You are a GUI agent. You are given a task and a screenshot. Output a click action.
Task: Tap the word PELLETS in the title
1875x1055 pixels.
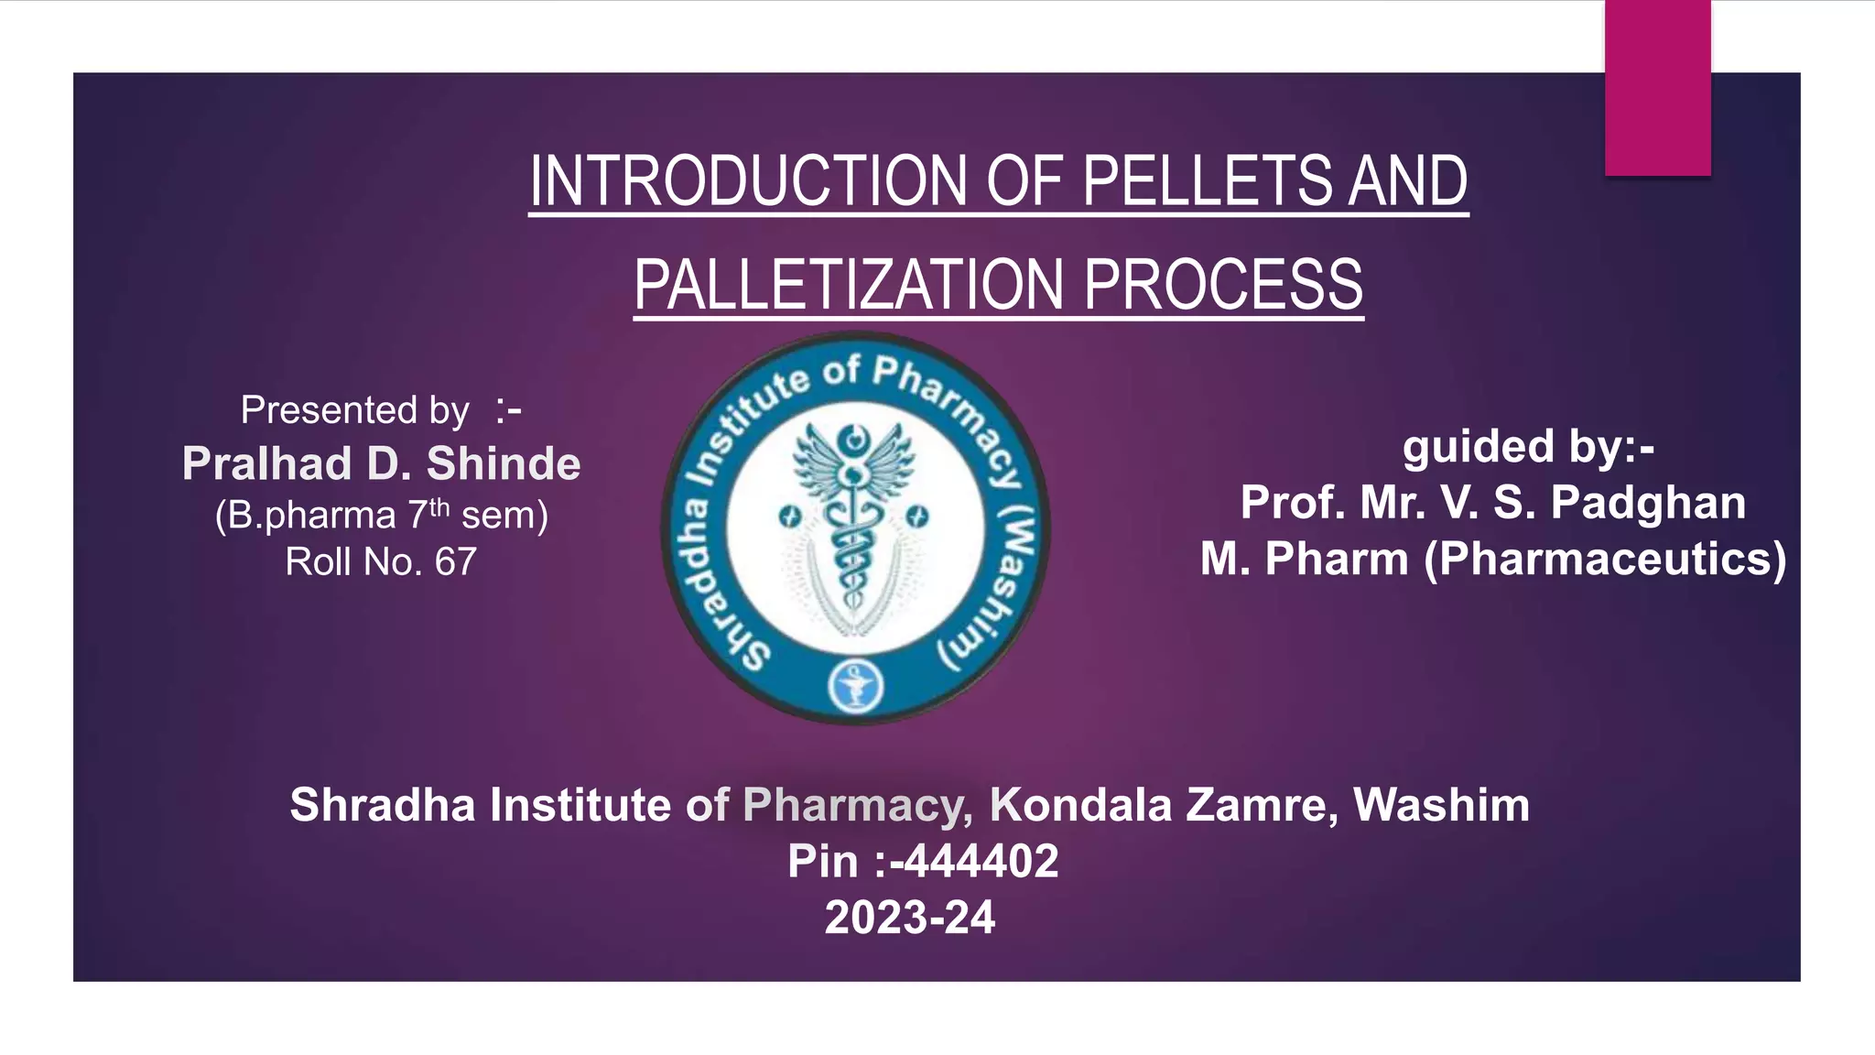[x=1206, y=180]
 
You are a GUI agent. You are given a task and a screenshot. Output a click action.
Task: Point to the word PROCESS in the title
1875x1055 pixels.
[x=1223, y=285]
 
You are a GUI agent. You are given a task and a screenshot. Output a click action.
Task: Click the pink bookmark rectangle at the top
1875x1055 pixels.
[x=1657, y=87]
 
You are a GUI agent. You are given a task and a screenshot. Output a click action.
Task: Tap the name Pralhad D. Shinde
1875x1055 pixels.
[x=381, y=463]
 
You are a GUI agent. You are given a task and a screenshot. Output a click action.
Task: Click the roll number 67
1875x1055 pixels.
[x=455, y=561]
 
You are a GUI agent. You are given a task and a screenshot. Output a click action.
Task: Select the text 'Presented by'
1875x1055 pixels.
[x=355, y=409]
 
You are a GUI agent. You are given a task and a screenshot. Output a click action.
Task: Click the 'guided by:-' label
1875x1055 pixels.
[x=1528, y=446]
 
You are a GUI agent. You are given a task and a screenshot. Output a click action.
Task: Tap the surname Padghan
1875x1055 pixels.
[x=1648, y=503]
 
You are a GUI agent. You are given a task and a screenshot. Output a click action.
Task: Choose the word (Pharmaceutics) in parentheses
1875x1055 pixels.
[x=1605, y=559]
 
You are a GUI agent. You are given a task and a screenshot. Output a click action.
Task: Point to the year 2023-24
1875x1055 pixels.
[x=909, y=918]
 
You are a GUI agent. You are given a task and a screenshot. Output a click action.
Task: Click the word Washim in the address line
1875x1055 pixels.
[x=1441, y=805]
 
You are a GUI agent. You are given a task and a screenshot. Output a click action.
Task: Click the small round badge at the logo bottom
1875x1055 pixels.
[x=855, y=687]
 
